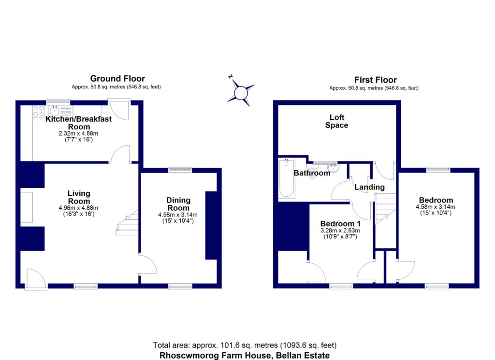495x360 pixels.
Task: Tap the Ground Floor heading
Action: pos(117,79)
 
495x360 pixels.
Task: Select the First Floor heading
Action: pos(375,80)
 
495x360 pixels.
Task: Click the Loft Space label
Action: pos(337,121)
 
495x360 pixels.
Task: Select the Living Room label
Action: pos(79,197)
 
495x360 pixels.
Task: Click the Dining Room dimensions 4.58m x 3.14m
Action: pos(178,215)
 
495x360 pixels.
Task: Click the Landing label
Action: pos(369,187)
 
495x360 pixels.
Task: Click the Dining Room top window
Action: pos(180,170)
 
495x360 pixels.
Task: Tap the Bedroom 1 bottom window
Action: pos(341,286)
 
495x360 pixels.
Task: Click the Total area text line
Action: pos(245,346)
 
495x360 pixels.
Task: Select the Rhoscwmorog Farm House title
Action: pos(245,355)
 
